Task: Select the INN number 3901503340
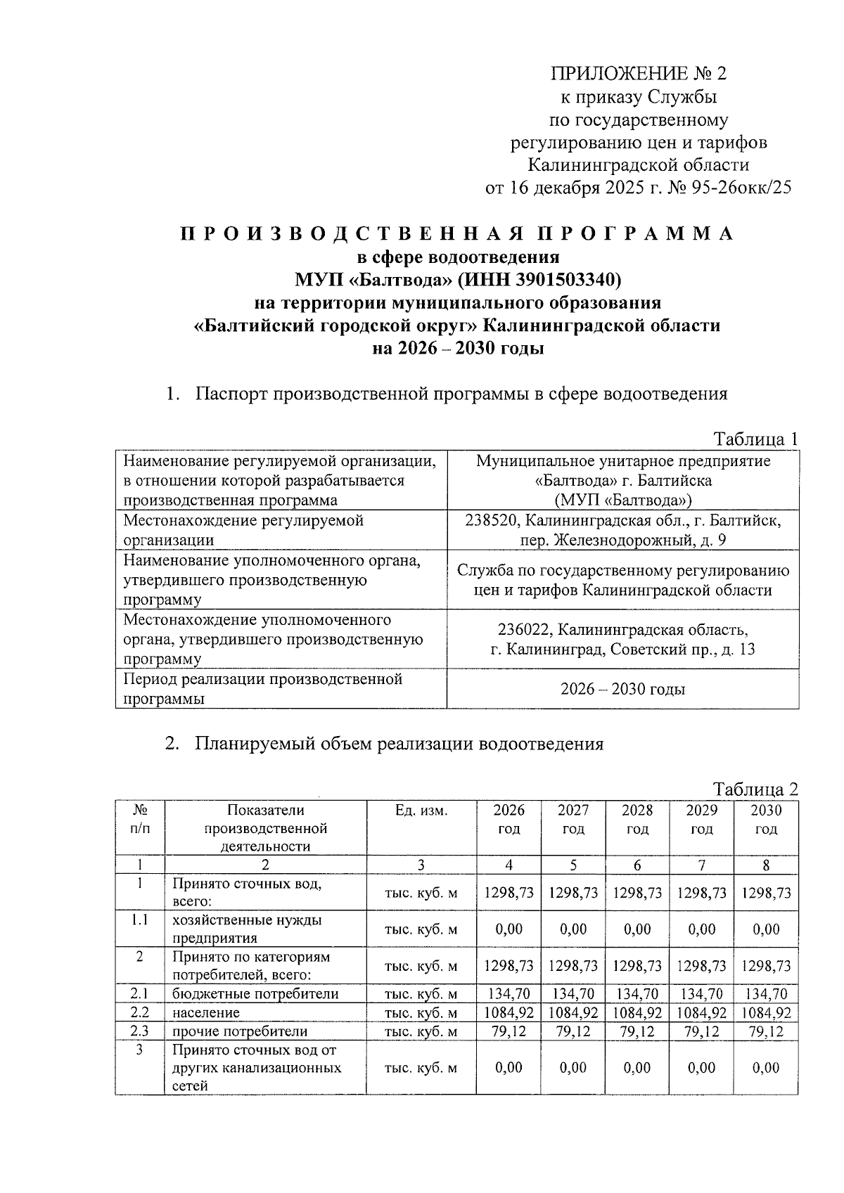pyautogui.click(x=567, y=280)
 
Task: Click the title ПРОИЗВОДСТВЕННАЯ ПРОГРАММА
pyautogui.click(x=457, y=234)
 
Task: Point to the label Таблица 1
pyautogui.click(x=755, y=439)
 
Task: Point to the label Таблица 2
pyautogui.click(x=755, y=789)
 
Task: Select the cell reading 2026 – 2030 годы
pyautogui.click(x=622, y=689)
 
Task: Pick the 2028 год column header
pyautogui.click(x=637, y=819)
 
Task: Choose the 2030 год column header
pyautogui.click(x=765, y=819)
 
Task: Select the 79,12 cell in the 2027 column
pyautogui.click(x=573, y=1031)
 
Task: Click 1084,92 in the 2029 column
pyautogui.click(x=701, y=1013)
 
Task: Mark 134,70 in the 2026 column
pyautogui.click(x=509, y=994)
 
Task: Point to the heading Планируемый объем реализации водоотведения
pyautogui.click(x=399, y=744)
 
